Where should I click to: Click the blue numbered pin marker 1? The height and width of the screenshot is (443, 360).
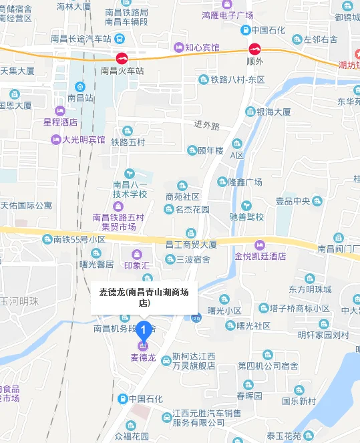coord(142,328)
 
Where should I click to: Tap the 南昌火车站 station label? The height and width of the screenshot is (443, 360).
coord(122,69)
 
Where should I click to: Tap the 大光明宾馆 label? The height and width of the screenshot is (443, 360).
coord(83,140)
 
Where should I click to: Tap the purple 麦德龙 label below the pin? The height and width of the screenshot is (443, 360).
coord(143,357)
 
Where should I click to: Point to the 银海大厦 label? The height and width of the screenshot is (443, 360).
coord(273,112)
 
